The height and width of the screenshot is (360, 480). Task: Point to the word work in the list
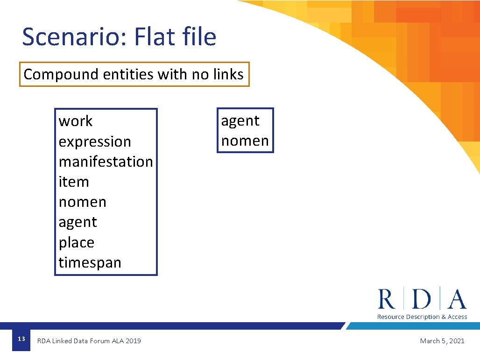point(76,121)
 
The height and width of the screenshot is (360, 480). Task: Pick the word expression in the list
point(95,141)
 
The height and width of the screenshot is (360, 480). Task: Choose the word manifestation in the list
point(106,162)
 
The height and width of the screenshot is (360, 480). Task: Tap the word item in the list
point(74,182)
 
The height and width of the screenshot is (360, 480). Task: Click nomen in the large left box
point(82,202)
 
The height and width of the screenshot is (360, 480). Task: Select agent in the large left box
point(78,222)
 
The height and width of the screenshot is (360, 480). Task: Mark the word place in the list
point(76,243)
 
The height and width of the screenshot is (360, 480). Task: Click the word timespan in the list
point(90,263)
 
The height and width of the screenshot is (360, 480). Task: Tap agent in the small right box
point(240,121)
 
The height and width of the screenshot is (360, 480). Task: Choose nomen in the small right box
point(245,141)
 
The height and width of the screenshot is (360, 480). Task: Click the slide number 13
point(21,339)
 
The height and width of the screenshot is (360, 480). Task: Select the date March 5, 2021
point(442,341)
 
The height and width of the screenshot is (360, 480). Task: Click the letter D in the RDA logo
point(422,299)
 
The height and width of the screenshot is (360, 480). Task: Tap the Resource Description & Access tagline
point(422,317)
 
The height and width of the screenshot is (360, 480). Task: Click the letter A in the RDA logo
point(457,299)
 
